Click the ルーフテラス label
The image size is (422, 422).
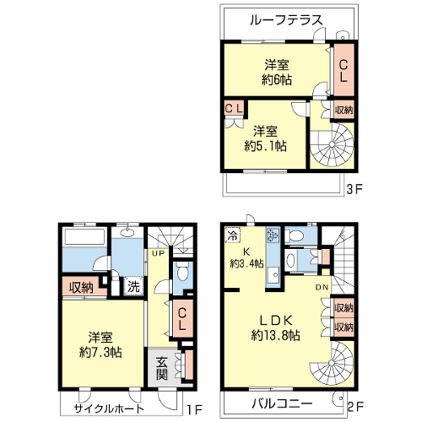coord(286,20)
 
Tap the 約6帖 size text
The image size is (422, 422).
coord(277,80)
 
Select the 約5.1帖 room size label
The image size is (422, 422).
coord(266,146)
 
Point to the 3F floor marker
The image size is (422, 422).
coord(354,189)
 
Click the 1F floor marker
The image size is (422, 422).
coord(195,410)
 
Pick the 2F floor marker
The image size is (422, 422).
coord(355,407)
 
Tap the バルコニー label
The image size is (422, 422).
coord(282,403)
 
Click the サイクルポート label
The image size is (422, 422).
coord(109,408)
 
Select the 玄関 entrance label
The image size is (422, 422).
coord(162,369)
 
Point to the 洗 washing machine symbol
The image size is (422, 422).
coord(133,286)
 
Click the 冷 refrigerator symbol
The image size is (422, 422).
coord(232,235)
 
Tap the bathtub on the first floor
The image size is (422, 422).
coord(84,236)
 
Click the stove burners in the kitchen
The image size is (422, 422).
coord(273,235)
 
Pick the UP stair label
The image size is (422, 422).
coord(158,253)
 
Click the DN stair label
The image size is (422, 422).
coord(322,287)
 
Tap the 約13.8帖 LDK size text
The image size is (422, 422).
coord(275,335)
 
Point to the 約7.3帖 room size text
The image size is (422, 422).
coord(100,352)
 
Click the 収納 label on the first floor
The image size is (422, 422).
coord(81,287)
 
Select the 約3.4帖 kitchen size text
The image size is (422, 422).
coord(246,263)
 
